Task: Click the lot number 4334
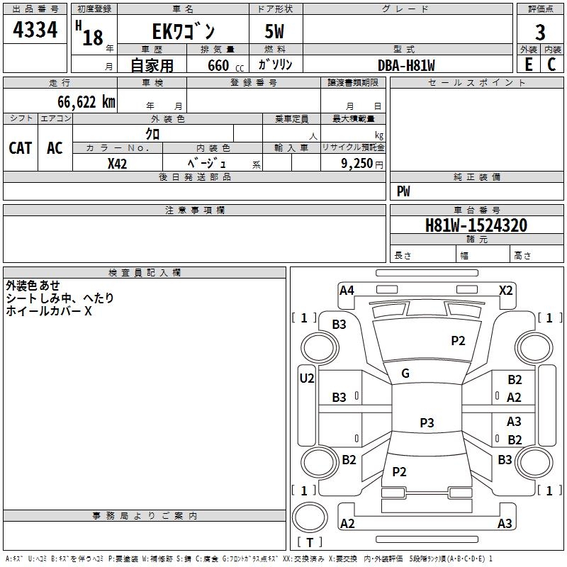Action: pos(35,30)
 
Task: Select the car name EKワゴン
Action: pos(184,31)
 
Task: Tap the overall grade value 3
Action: pos(540,33)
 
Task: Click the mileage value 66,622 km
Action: pos(86,102)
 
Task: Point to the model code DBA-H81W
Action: pos(406,65)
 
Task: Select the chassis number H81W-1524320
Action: pos(476,225)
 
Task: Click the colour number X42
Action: pos(117,164)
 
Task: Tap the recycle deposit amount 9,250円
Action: pos(362,164)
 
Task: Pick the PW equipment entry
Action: pos(403,191)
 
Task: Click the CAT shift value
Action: pos(21,148)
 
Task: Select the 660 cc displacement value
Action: pos(225,66)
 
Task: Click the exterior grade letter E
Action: pos(529,64)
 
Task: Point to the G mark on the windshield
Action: pos(405,374)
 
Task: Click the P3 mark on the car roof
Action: pos(427,422)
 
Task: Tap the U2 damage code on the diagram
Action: pos(307,378)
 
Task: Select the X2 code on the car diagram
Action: pos(506,291)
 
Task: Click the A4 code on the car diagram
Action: pos(347,291)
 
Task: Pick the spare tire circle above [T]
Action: pos(310,517)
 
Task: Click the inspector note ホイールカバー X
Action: pos(49,311)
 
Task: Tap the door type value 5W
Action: pos(274,31)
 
